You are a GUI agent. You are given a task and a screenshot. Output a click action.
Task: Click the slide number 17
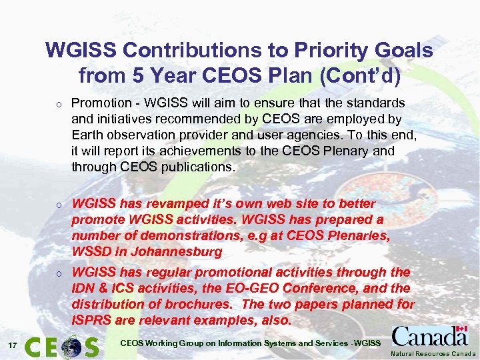(13, 345)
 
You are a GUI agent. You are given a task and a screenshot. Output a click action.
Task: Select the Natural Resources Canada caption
(434, 353)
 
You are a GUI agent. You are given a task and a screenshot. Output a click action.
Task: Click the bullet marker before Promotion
(59, 104)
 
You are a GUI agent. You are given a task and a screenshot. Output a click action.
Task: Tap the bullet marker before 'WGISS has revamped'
(59, 204)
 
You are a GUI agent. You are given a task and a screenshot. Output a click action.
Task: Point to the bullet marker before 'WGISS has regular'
(59, 273)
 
